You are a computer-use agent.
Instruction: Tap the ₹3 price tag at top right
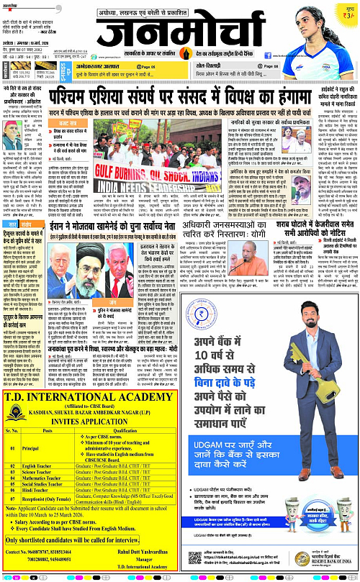pyautogui.click(x=348, y=12)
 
